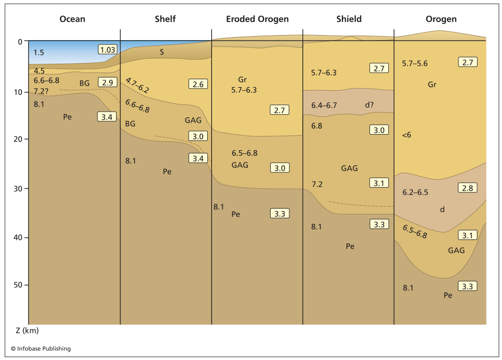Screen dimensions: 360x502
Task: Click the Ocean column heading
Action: click(73, 19)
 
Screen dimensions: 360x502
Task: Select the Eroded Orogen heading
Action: click(257, 19)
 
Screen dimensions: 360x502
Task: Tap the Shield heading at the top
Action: click(349, 19)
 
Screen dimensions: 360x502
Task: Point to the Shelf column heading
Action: click(165, 19)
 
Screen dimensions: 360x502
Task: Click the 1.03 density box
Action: click(107, 49)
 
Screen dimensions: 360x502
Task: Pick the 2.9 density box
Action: click(107, 82)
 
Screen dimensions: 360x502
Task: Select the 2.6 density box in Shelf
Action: click(198, 84)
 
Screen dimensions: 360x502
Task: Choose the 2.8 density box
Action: click(467, 188)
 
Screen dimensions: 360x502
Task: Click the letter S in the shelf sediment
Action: click(162, 52)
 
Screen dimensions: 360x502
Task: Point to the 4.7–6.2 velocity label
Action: click(137, 85)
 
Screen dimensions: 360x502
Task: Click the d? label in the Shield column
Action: click(370, 105)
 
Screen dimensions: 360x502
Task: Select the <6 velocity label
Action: click(406, 135)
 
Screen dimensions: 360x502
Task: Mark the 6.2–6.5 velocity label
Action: click(415, 192)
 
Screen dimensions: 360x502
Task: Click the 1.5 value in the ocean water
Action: click(39, 52)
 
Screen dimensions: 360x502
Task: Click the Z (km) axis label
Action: click(24, 330)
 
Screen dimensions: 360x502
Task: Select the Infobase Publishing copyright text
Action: click(41, 348)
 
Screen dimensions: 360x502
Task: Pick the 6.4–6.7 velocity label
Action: click(324, 106)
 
